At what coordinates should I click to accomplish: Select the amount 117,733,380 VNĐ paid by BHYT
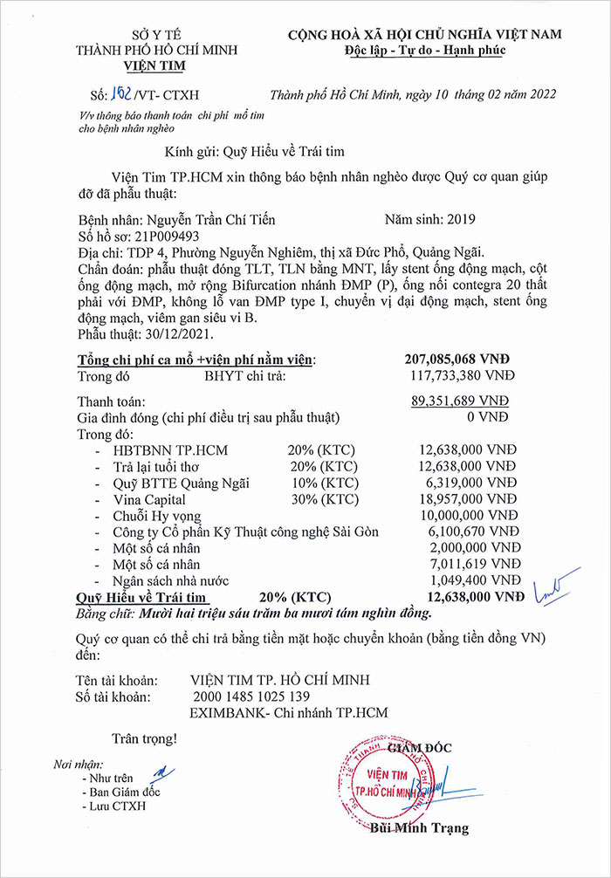point(462,375)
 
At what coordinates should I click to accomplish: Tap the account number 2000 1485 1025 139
point(251,696)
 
